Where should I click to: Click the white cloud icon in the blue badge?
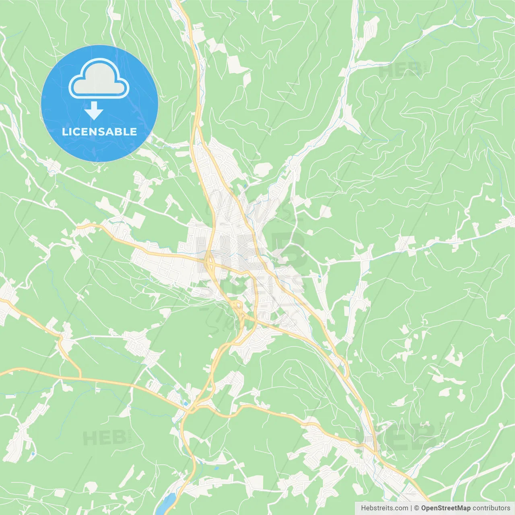pyautogui.click(x=99, y=78)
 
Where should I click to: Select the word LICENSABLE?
pyautogui.click(x=99, y=132)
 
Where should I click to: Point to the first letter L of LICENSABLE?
pyautogui.click(x=64, y=132)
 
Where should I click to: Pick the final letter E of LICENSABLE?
pyautogui.click(x=134, y=132)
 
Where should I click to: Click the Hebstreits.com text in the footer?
pyautogui.click(x=384, y=508)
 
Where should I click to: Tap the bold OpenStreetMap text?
pyautogui.click(x=445, y=508)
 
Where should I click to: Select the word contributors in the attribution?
pyautogui.click(x=491, y=508)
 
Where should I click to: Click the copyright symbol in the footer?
pyautogui.click(x=416, y=508)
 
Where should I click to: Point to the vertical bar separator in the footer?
pyautogui.click(x=411, y=508)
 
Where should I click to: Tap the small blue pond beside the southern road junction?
pyautogui.click(x=185, y=403)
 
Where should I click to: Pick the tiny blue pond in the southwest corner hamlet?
pyautogui.click(x=33, y=454)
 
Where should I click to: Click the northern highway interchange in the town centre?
pyautogui.click(x=209, y=264)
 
